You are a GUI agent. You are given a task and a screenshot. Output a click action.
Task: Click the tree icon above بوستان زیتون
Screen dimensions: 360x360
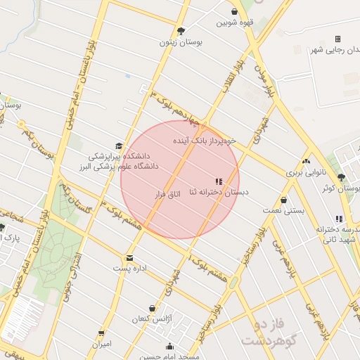181,31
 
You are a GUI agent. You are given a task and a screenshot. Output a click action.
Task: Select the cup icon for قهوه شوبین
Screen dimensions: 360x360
234,11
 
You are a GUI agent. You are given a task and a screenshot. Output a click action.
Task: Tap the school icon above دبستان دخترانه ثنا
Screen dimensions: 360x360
217,181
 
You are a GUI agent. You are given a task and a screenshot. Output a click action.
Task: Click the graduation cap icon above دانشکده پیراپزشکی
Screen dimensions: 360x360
118,145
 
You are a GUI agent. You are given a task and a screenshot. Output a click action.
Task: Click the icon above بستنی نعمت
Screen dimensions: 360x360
283,200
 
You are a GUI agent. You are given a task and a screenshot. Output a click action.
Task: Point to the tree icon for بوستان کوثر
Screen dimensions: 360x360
341,178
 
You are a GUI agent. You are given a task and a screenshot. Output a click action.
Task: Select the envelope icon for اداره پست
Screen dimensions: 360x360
129,258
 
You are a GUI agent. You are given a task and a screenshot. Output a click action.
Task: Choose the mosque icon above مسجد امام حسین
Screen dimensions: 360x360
169,346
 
